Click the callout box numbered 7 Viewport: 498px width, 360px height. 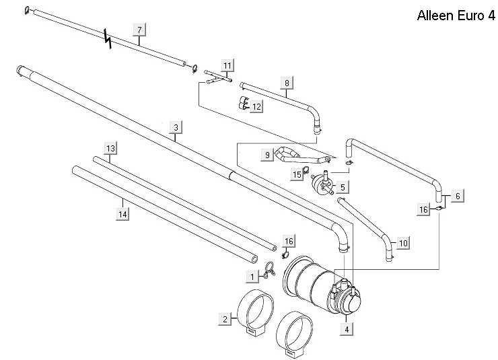click(139, 30)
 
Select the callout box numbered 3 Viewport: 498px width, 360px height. click(175, 127)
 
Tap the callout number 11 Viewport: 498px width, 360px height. click(227, 65)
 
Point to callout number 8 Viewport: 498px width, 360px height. click(287, 83)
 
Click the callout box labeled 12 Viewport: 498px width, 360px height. click(257, 106)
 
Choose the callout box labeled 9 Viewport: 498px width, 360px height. click(267, 155)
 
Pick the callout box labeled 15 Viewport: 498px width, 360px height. click(297, 175)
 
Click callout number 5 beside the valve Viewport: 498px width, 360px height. click(343, 186)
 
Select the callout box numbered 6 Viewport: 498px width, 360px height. click(458, 196)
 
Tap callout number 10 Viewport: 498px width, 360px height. click(403, 242)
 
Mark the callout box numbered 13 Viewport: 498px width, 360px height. click(111, 148)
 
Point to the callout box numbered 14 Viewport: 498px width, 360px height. click(122, 214)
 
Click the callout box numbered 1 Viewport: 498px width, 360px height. click(251, 276)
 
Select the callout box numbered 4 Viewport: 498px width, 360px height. click(347, 330)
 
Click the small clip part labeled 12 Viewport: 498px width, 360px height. click(243, 102)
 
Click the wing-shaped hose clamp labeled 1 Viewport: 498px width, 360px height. click(269, 271)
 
